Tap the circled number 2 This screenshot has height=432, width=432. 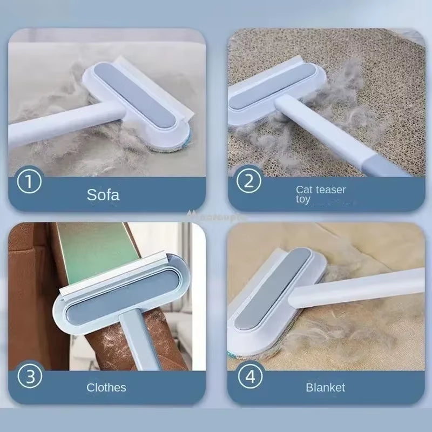pos(249,181)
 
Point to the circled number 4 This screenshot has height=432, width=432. pos(249,376)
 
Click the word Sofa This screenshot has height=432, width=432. pos(103,194)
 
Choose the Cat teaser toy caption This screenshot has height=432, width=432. pos(320,194)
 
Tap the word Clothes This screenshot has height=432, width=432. pos(106,387)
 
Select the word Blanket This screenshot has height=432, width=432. pos(325,387)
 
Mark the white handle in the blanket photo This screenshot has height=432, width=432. pos(362,286)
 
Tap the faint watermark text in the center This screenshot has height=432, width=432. pos(216,214)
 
